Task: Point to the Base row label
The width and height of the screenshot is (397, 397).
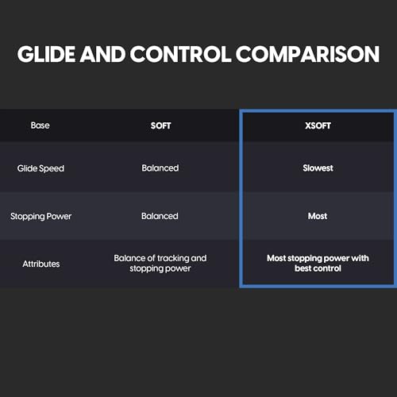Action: [x=40, y=125]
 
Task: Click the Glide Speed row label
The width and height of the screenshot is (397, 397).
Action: [x=40, y=168]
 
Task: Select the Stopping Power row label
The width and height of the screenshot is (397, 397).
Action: [x=40, y=216]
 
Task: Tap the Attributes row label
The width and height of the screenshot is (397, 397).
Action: [x=40, y=263]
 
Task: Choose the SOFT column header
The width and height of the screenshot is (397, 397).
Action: [x=160, y=125]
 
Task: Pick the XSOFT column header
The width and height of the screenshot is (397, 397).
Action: [x=317, y=125]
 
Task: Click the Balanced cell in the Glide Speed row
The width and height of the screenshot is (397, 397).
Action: [x=160, y=168]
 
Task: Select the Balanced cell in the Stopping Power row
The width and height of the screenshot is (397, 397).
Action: [x=160, y=216]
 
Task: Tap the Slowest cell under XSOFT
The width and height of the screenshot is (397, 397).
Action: [x=317, y=168]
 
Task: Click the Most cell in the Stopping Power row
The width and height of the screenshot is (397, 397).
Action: [x=317, y=216]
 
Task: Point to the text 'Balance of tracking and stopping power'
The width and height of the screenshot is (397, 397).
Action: [x=160, y=263]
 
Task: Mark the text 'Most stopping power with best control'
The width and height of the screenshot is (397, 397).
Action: [x=317, y=263]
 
